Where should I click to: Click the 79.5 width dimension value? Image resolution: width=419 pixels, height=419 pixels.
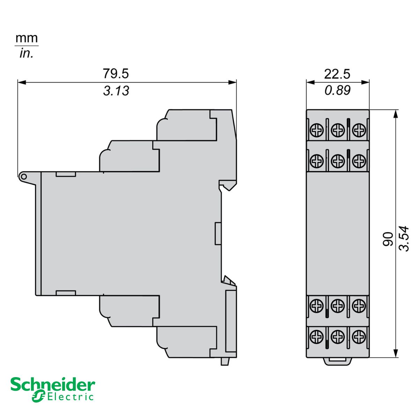pos(116,74)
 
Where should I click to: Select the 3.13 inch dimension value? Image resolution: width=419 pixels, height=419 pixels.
pos(116,91)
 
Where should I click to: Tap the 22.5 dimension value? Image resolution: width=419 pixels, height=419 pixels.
pos(337,74)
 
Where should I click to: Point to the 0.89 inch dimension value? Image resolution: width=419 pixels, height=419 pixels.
pos(337,90)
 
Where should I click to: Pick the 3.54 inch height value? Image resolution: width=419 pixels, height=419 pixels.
pos(404,238)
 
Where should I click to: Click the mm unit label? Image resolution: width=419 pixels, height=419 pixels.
pos(27,38)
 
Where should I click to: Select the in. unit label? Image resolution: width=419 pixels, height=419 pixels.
pos(26,53)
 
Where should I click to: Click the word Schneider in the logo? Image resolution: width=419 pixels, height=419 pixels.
pos(52,385)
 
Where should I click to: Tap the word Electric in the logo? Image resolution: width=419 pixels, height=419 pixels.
pos(70,397)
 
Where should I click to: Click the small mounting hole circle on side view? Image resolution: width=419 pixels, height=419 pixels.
pos(23,177)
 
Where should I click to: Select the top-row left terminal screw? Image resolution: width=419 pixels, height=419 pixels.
pos(317,131)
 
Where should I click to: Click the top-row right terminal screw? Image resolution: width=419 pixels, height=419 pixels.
pos(358,131)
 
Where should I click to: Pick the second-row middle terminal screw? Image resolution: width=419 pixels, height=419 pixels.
pos(338,161)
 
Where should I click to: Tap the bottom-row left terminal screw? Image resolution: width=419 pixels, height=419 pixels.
pos(317,337)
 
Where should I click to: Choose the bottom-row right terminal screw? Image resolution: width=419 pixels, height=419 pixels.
pos(358,337)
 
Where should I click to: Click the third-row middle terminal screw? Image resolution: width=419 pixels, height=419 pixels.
pos(338,306)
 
